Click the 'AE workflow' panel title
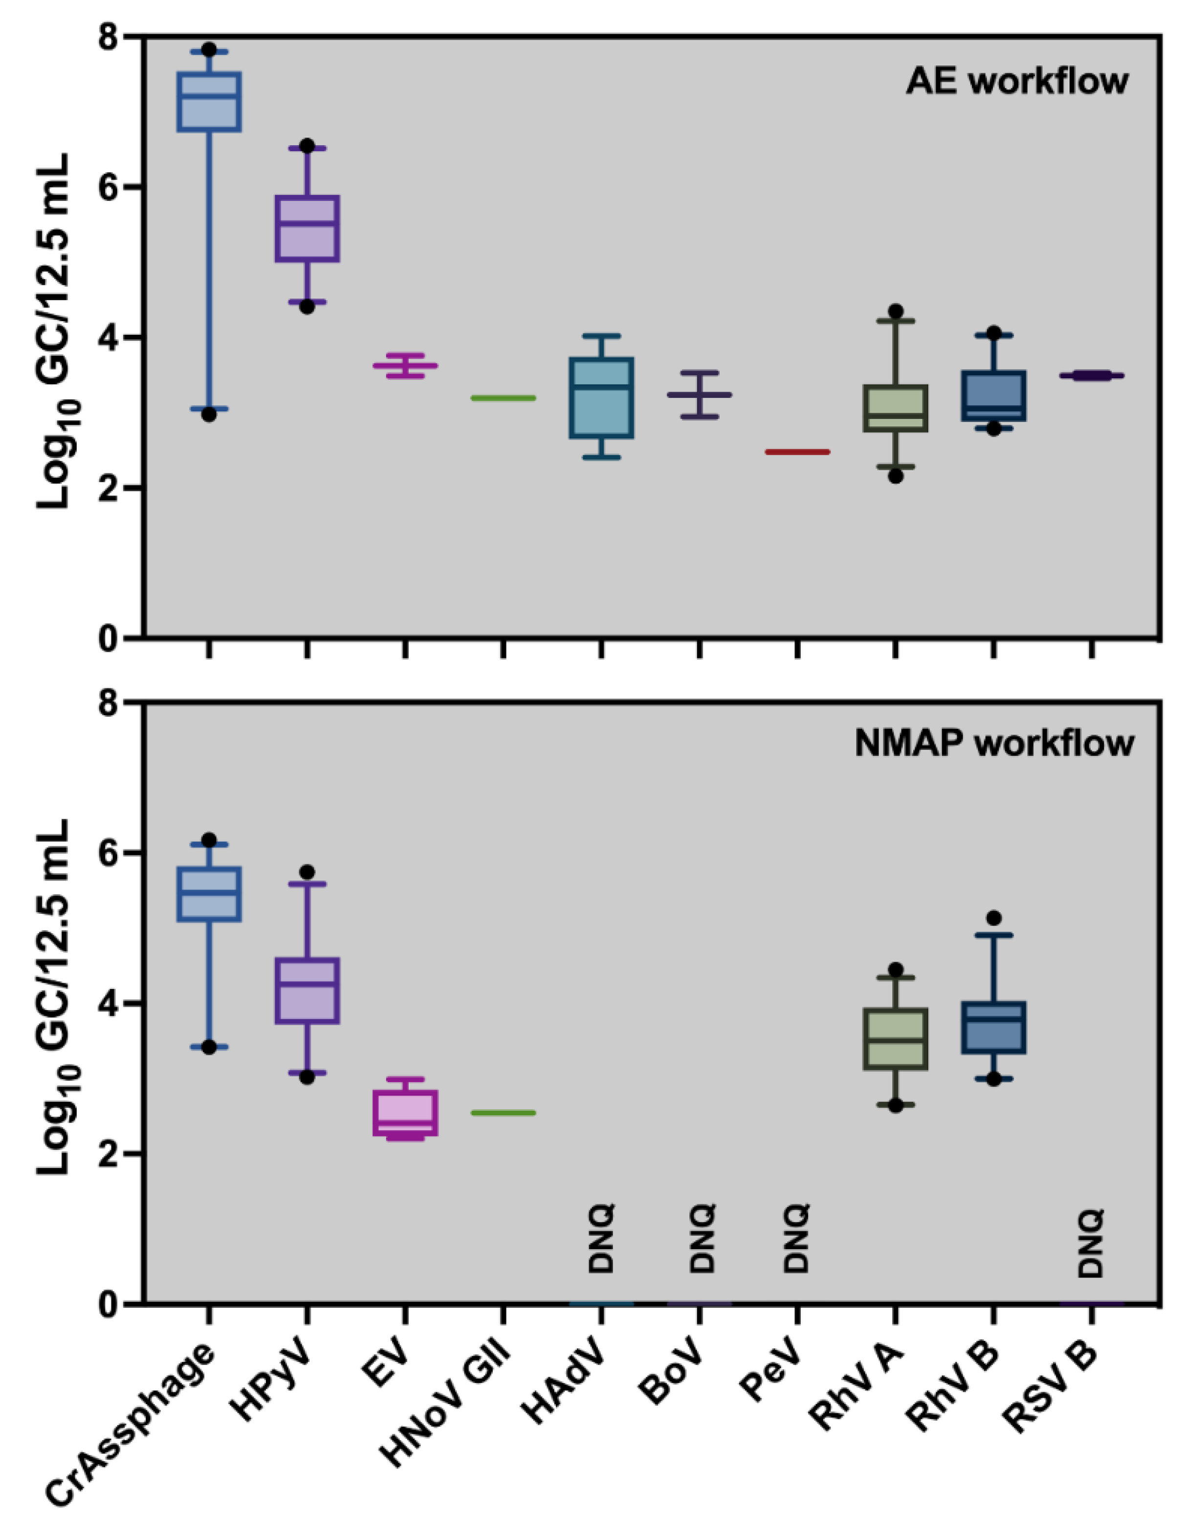click(1016, 82)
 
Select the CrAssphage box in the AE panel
click(209, 102)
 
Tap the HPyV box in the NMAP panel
click(307, 989)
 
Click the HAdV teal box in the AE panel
click(601, 398)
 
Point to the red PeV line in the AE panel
click(797, 452)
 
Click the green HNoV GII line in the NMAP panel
click(503, 1113)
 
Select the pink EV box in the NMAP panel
click(405, 1113)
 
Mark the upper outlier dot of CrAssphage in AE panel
click(209, 49)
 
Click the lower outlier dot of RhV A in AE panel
click(896, 476)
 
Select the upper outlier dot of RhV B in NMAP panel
click(994, 918)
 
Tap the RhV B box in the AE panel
click(994, 396)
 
